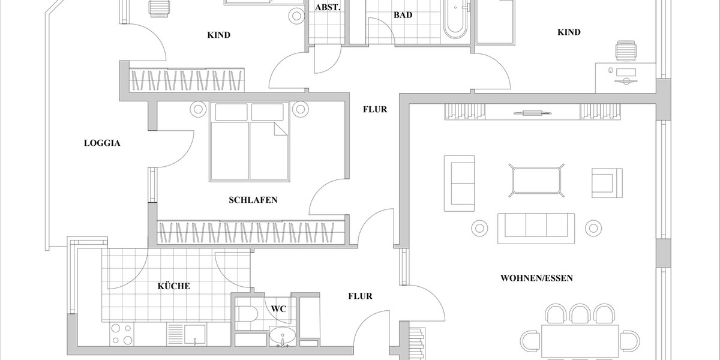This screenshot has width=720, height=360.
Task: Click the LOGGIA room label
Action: pyautogui.click(x=102, y=143)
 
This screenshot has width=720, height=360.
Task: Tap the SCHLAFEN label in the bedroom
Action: pyautogui.click(x=253, y=200)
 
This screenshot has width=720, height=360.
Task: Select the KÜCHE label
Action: pyautogui.click(x=174, y=286)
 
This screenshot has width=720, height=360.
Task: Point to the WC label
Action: pyautogui.click(x=278, y=309)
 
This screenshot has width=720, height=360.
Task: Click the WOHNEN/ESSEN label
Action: pyautogui.click(x=536, y=278)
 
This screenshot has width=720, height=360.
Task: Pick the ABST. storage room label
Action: pyautogui.click(x=328, y=8)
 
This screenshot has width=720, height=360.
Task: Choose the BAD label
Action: pyautogui.click(x=403, y=15)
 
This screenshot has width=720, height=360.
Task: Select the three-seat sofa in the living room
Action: pyautogui.click(x=536, y=229)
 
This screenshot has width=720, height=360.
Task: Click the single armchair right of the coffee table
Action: pyautogui.click(x=603, y=182)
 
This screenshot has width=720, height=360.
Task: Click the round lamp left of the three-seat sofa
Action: pyautogui.click(x=479, y=228)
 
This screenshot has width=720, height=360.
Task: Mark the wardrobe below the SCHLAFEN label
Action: pyautogui.click(x=252, y=233)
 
